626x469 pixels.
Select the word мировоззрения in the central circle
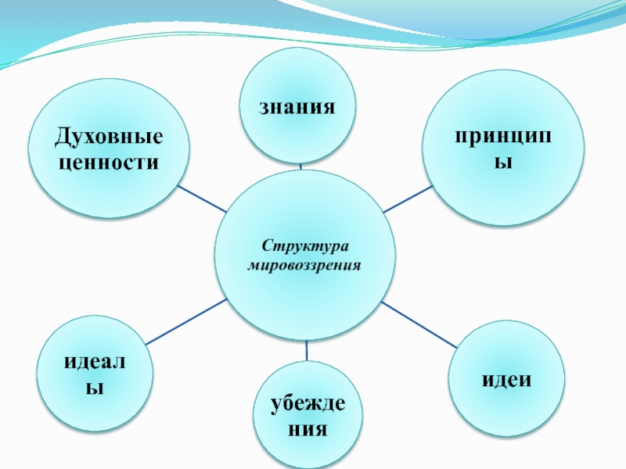(x=305, y=266)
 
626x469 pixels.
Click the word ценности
(x=109, y=163)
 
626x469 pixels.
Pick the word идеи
(x=506, y=379)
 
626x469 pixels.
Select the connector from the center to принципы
(x=407, y=199)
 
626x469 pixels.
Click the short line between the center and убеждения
(x=306, y=351)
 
